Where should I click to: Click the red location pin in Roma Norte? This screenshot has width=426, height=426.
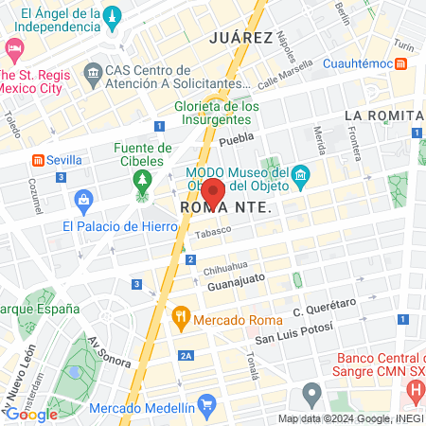coord(213,192)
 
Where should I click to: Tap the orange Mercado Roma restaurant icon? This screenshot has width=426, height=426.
coord(179,319)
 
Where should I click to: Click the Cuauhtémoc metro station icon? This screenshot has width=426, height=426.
coord(401,63)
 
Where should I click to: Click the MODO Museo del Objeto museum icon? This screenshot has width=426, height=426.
coord(301,173)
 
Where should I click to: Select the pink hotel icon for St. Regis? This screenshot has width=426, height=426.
coord(14,47)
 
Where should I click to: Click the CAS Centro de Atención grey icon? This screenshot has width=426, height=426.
coord(94,72)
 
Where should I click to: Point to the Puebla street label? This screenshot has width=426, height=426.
coord(238,138)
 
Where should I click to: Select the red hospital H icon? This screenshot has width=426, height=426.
coord(415,390)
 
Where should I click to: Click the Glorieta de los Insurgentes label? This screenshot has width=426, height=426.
coord(217,113)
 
